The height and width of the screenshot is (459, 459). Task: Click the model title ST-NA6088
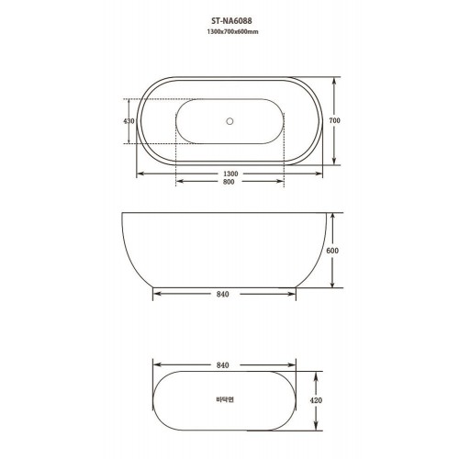click(x=232, y=21)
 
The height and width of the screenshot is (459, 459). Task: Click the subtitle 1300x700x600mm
click(x=232, y=31)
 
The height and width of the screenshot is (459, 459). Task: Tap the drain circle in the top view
click(x=229, y=121)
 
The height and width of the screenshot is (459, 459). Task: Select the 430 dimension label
click(x=129, y=121)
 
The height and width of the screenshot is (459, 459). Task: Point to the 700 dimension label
click(x=334, y=120)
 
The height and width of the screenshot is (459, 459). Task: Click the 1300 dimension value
click(x=230, y=174)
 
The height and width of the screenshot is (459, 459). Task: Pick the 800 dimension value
click(x=229, y=182)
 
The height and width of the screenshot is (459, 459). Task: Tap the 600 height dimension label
click(x=332, y=251)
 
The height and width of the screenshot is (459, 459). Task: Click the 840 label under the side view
click(x=222, y=294)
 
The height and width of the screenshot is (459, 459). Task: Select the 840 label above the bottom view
click(x=222, y=365)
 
